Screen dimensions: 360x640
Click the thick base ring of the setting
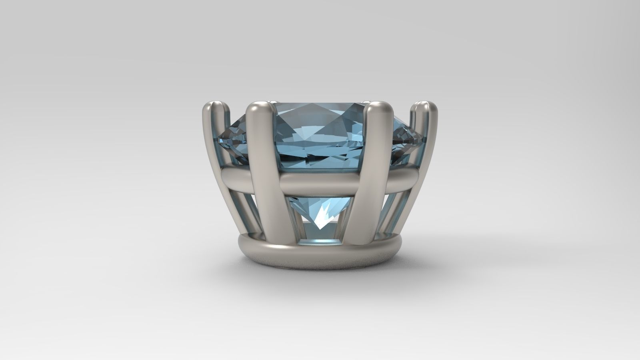320,256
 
